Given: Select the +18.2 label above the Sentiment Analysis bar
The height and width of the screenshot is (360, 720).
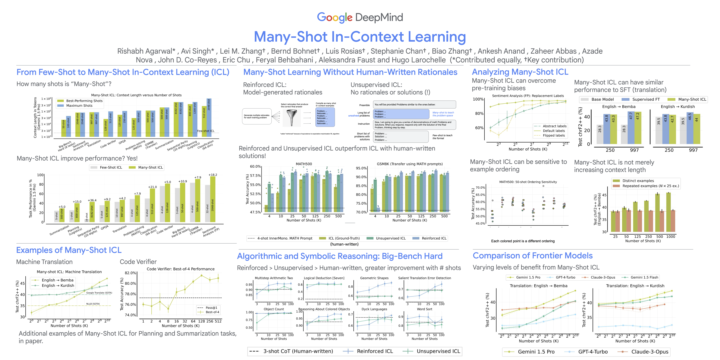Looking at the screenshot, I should click(x=213, y=175).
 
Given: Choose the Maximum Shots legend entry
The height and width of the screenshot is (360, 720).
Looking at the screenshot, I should click(x=79, y=106).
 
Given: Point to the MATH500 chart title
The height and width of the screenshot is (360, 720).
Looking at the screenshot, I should click(x=304, y=164).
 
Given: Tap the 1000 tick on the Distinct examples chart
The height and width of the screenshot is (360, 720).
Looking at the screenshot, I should click(x=670, y=236).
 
